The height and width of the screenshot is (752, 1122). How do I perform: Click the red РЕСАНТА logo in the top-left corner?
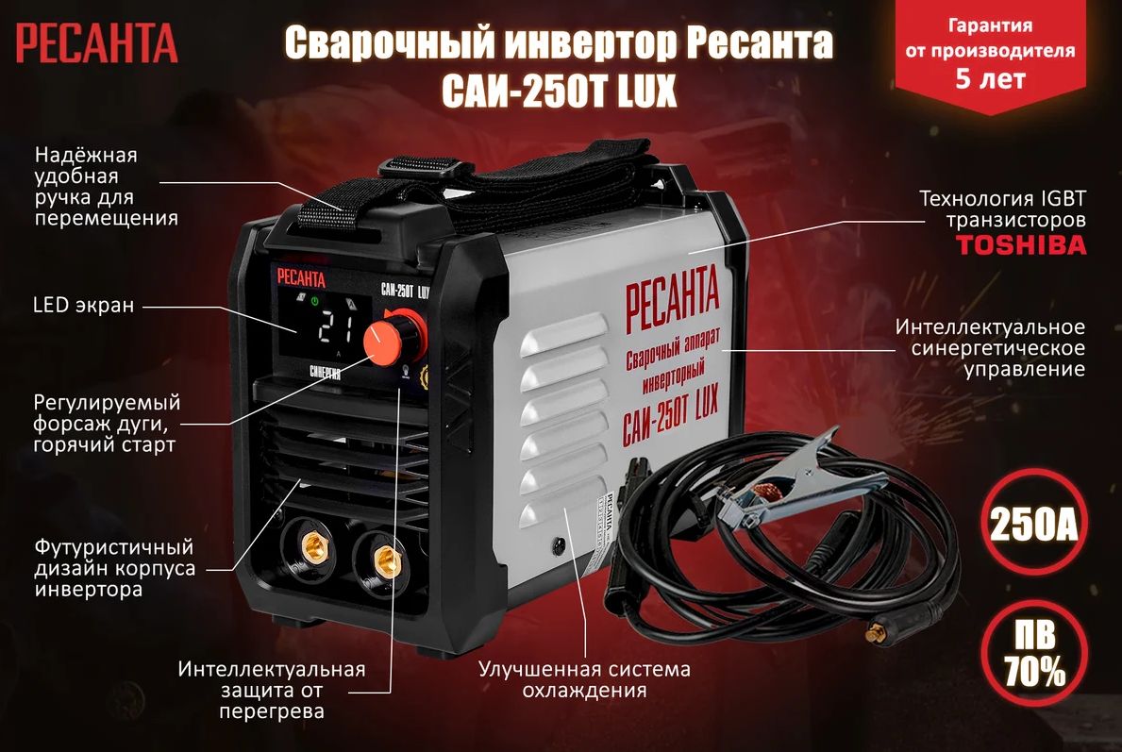tap(96, 43)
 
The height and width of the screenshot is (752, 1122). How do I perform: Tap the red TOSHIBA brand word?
tap(1021, 245)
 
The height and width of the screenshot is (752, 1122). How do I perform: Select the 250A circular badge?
tap(1033, 525)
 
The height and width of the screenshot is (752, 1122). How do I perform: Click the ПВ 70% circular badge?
tap(1034, 653)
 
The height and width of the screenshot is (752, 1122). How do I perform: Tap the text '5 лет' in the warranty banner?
tap(990, 78)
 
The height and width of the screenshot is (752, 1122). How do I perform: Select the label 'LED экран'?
tap(84, 306)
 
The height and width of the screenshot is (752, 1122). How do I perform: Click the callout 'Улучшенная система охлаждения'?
tap(584, 679)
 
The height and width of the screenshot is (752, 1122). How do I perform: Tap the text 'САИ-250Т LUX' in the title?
tap(559, 91)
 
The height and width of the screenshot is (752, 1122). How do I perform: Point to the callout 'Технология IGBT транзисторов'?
tap(1002, 209)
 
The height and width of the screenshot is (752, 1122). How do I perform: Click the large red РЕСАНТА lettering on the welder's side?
tap(672, 298)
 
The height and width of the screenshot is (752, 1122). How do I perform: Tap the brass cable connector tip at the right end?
tap(875, 632)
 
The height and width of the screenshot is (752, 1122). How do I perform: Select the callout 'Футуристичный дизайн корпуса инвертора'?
tap(114, 568)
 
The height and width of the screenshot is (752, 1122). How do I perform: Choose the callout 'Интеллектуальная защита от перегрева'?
tap(271, 691)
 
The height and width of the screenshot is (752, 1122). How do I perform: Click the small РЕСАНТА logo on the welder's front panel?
tap(301, 278)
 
